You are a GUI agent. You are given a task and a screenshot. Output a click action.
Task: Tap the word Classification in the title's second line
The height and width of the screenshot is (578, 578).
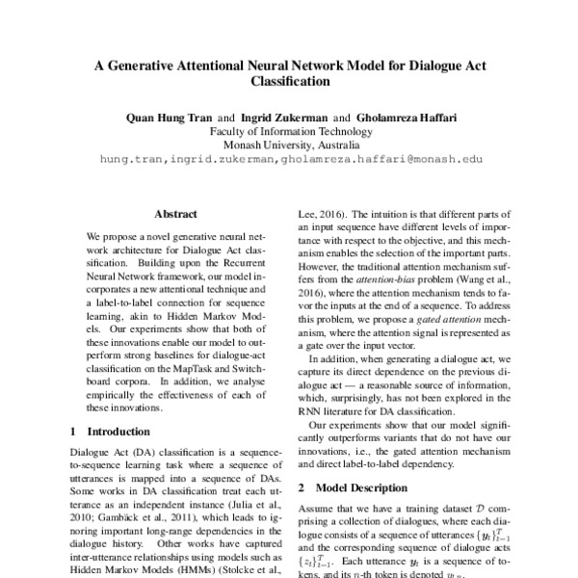(x=288, y=84)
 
